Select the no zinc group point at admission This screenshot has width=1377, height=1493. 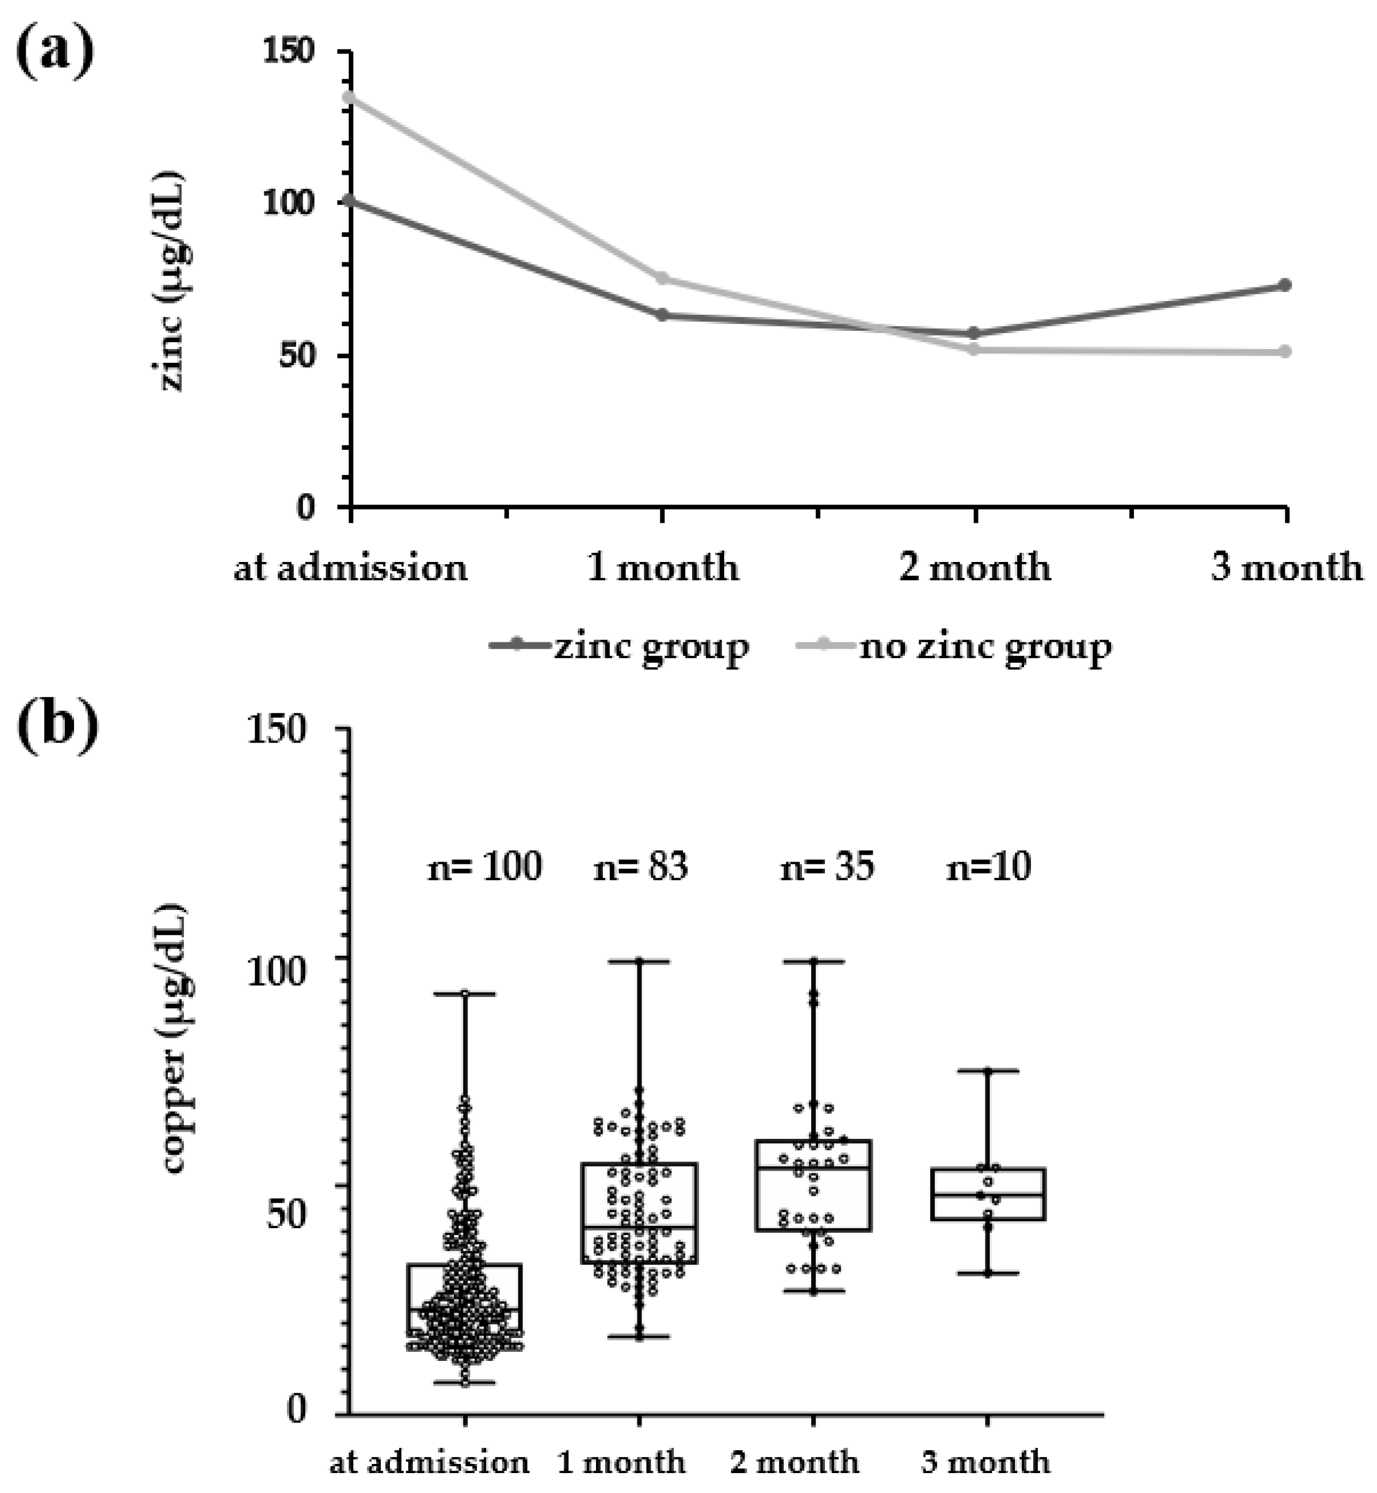[350, 97]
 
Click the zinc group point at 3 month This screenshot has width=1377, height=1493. [1285, 285]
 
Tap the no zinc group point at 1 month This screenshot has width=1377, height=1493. [663, 279]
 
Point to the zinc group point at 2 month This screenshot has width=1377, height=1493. [974, 333]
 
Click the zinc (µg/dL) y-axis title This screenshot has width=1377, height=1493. [173, 282]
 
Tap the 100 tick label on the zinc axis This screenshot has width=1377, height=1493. [287, 203]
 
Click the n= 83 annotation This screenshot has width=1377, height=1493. [640, 866]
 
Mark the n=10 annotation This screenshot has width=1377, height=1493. [988, 866]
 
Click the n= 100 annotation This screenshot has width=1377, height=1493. [484, 866]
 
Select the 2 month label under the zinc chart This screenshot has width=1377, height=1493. [975, 568]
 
